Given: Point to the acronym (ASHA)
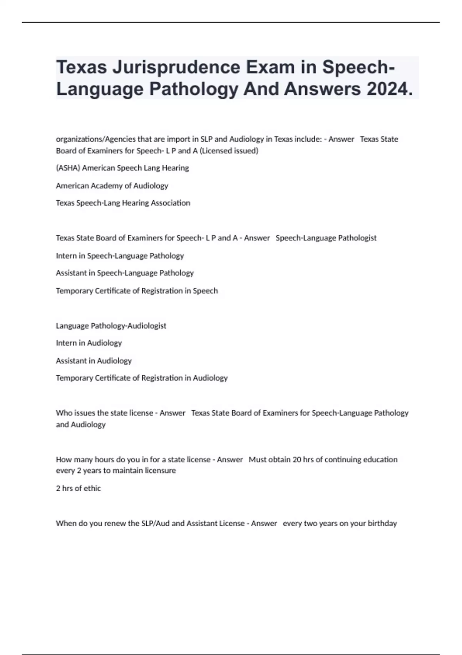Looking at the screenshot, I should point(68,168).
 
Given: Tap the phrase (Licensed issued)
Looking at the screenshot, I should point(229,151).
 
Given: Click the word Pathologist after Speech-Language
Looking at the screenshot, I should point(357,238).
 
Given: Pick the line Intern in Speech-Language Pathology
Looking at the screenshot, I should point(120,256).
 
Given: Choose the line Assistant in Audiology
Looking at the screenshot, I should point(94,361).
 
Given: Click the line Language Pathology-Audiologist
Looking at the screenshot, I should point(111,326).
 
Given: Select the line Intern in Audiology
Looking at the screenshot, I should point(89,343).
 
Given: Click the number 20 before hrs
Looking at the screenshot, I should point(297,460).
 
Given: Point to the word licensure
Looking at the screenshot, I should point(160,471).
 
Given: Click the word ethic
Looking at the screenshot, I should point(92,489).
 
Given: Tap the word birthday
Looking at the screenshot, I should point(382,524).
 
